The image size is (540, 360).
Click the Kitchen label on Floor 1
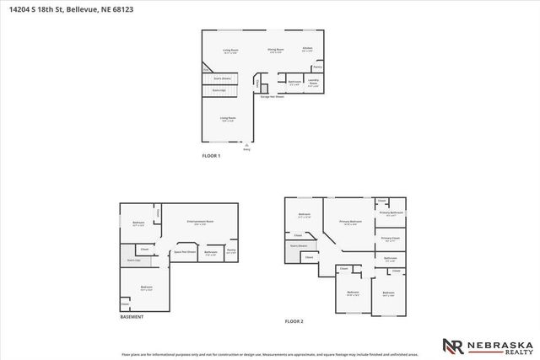[308, 49]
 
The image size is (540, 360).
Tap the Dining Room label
[276, 51]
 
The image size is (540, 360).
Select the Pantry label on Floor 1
[317, 66]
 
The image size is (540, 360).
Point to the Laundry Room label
[313, 83]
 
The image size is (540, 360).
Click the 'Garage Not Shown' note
[272, 97]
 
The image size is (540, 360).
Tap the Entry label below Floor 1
[246, 149]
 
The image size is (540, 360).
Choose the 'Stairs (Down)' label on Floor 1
[222, 78]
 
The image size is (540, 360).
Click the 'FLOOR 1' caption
[211, 156]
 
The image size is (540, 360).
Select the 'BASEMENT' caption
[132, 317]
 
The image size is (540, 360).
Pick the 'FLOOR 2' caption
[294, 321]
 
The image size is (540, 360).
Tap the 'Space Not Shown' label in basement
[184, 251]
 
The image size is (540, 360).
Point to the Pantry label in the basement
[230, 250]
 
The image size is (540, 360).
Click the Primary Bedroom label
[349, 223]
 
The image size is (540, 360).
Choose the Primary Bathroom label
[391, 213]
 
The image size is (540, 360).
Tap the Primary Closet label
[390, 239]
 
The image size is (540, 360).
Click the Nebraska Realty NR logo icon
[452, 345]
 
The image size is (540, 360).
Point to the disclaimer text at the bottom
[270, 355]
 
